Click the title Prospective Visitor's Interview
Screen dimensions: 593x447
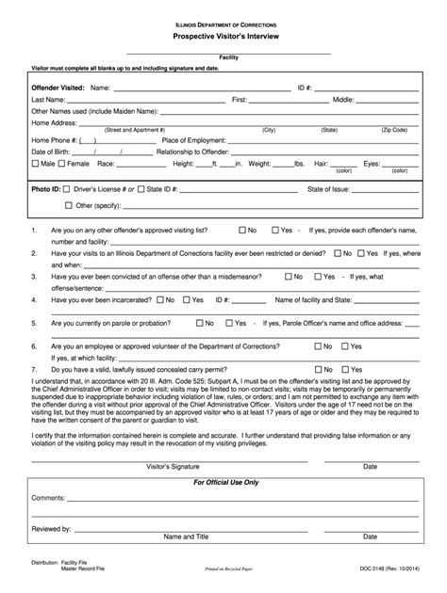(223, 34)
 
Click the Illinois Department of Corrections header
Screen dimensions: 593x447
(223, 21)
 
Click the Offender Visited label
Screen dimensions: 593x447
(58, 87)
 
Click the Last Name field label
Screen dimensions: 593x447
(48, 99)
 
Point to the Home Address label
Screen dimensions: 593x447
(54, 121)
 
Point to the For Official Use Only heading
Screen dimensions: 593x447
(223, 482)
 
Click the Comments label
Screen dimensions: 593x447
(47, 496)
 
